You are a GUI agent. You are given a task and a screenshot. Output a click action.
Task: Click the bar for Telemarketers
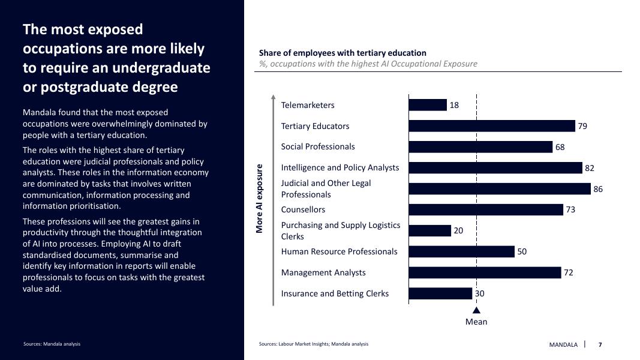tap(428, 105)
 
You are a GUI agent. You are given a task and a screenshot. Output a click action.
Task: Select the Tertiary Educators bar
tap(492, 126)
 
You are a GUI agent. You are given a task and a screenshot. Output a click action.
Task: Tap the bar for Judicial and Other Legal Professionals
tap(500, 189)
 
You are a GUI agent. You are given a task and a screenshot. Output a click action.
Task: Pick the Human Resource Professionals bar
tap(461, 251)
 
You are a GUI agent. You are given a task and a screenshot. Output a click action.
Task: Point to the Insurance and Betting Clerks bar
tap(440, 293)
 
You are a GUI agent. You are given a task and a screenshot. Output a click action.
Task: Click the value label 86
tap(598, 189)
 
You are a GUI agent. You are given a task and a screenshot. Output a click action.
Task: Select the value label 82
tap(590, 168)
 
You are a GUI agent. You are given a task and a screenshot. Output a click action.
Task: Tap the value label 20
tap(458, 230)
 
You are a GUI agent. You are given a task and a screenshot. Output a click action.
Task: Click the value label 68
tap(560, 147)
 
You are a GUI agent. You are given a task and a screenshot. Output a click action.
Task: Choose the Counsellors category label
tap(303, 209)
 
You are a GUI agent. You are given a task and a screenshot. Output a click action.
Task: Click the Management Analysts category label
tap(323, 272)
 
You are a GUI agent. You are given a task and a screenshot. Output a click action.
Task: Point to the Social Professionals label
tap(318, 146)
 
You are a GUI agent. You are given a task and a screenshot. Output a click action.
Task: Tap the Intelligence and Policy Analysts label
tap(340, 167)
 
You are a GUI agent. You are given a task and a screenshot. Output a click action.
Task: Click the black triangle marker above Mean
tap(476, 310)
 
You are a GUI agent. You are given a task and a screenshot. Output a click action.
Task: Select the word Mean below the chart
tap(476, 322)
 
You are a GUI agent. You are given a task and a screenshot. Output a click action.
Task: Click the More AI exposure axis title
tap(260, 199)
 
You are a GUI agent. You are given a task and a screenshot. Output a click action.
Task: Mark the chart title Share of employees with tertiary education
tap(342, 53)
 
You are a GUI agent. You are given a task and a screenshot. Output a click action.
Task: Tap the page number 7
tap(600, 344)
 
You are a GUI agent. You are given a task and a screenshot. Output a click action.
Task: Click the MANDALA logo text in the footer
tap(563, 344)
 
